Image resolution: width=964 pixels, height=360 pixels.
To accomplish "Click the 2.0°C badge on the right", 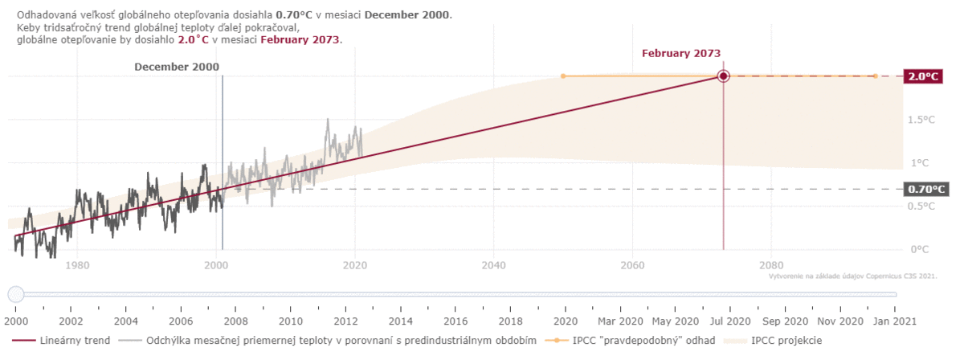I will click(922, 76).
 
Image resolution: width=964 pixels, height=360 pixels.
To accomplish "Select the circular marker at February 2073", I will click(723, 76).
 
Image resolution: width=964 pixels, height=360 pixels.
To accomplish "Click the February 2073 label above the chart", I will click(681, 53).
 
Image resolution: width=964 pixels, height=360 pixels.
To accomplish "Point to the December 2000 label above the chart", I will click(176, 67).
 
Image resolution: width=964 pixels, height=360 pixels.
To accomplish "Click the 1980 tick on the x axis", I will click(76, 264).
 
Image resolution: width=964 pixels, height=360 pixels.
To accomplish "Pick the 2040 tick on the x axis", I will click(493, 264).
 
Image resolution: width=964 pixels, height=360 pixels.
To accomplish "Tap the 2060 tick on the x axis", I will click(632, 264).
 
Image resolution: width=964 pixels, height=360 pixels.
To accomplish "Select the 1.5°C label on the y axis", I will click(921, 120).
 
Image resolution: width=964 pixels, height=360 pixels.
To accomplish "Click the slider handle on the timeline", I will click(14, 294).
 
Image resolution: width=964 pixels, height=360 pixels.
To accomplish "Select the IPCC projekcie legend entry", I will click(786, 341).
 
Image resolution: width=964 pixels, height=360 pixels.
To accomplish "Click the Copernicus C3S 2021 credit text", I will click(852, 276).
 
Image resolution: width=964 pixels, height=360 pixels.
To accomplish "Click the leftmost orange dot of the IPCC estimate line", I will click(563, 76).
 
